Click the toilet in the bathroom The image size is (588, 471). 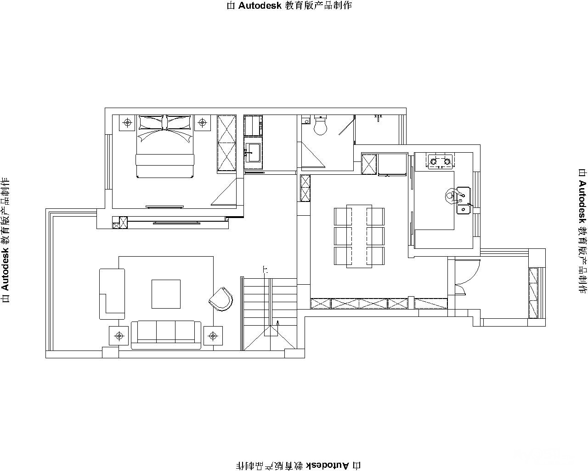click(x=320, y=126)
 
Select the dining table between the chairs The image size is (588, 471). click(x=359, y=236)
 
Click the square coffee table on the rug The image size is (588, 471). click(x=166, y=294)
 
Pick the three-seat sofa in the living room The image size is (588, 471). click(x=166, y=335)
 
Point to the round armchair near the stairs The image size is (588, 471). click(x=221, y=299)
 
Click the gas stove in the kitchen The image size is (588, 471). click(x=440, y=161)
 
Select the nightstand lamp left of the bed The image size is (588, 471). click(x=127, y=122)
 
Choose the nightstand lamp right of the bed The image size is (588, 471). click(x=202, y=122)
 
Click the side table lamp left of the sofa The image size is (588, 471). click(x=119, y=335)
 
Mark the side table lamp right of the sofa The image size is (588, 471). click(x=213, y=335)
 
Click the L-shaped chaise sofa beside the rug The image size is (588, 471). click(x=112, y=294)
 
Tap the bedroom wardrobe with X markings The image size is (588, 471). click(x=226, y=144)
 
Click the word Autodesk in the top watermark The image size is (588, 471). click(x=260, y=6)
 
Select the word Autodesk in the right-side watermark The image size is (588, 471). click(x=582, y=202)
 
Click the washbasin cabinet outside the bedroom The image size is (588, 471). click(x=253, y=155)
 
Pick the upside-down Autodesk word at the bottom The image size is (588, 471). click(x=328, y=465)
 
